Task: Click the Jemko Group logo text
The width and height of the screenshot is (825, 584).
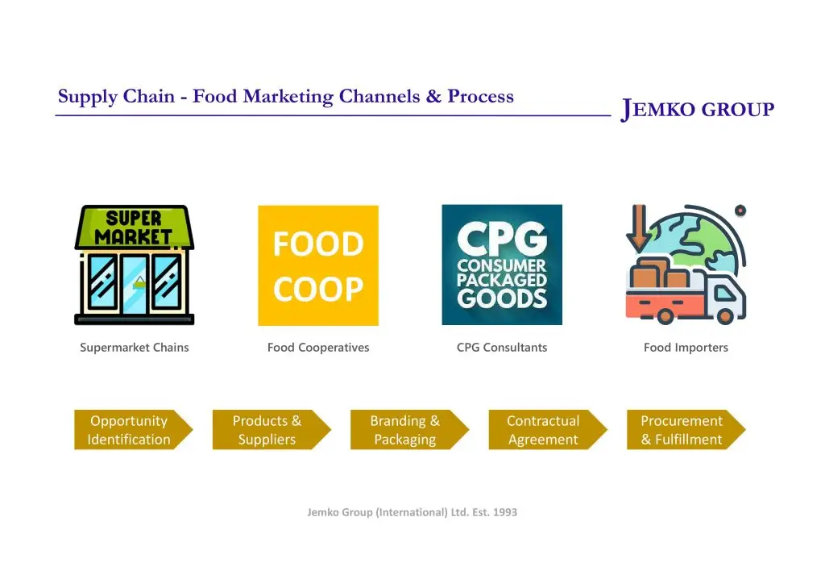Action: tap(697, 109)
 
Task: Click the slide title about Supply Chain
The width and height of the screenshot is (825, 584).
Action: tap(286, 96)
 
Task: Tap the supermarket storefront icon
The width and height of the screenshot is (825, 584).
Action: tap(135, 265)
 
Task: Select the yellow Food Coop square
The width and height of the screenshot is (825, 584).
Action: tap(318, 265)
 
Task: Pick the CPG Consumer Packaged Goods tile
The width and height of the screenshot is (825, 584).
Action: tap(502, 265)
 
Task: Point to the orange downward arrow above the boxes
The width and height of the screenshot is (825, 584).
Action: tap(639, 228)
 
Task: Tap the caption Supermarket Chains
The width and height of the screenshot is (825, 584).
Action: tap(135, 348)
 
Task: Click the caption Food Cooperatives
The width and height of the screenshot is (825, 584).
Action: tap(318, 348)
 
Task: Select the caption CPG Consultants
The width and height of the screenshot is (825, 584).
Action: tap(502, 348)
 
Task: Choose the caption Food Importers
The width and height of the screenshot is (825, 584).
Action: tap(686, 348)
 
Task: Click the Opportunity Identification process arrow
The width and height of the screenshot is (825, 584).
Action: tap(134, 430)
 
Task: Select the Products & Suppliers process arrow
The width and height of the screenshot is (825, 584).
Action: tap(272, 430)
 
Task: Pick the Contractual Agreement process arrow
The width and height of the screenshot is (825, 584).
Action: tap(548, 430)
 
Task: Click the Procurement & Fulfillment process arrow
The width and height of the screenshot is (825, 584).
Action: tap(686, 430)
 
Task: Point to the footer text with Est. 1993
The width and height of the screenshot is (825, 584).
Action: tap(412, 512)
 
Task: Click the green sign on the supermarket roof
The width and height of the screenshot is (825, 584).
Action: tap(135, 227)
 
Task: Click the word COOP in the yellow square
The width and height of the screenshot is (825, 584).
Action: tap(318, 289)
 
